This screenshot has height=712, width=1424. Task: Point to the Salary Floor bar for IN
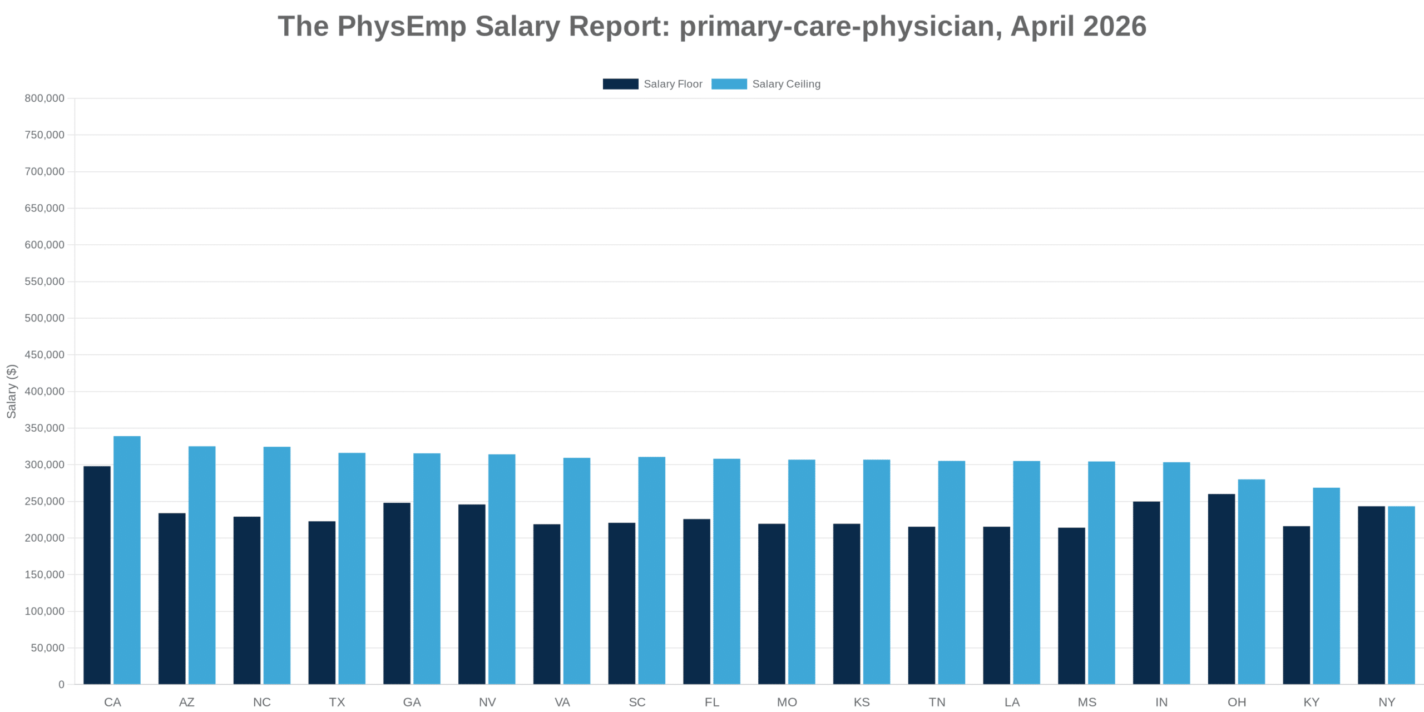coord(1146,592)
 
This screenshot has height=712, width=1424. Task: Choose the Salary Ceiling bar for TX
coord(352,568)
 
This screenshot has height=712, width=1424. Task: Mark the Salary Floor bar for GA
coord(397,593)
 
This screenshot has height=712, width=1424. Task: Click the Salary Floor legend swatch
coord(620,84)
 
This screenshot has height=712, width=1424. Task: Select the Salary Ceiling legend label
coord(786,84)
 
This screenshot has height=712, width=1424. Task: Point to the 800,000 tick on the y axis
coord(44,98)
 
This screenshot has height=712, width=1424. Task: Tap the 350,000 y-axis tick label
coord(44,428)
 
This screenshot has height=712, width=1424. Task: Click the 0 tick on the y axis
coord(61,684)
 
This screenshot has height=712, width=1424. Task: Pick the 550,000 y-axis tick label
coord(44,281)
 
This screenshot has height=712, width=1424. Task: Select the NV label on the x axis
coord(487,702)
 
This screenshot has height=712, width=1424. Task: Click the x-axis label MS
coord(1087,702)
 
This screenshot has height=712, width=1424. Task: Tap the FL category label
coord(712,702)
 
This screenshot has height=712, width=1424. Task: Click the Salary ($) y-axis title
coord(12,391)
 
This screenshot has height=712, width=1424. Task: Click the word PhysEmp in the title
coord(402,26)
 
